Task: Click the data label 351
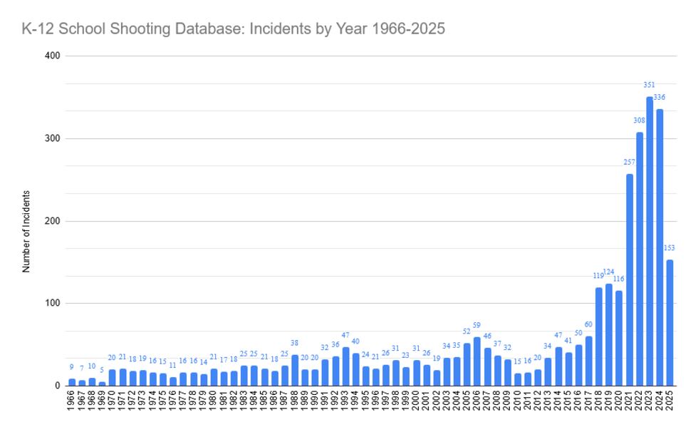tap(650, 85)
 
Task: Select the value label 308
tap(640, 120)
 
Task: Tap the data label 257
tap(630, 162)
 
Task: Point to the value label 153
tap(670, 248)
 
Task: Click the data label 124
tap(609, 272)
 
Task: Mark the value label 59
tap(477, 325)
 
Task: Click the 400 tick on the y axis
tap(52, 56)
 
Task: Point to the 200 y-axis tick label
tap(52, 221)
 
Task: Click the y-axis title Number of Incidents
tap(26, 232)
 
